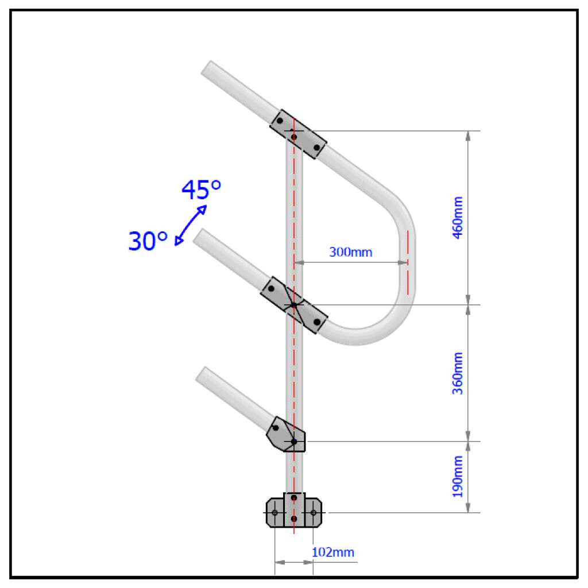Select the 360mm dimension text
click(x=458, y=373)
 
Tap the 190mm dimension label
click(x=458, y=477)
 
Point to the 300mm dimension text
click(x=350, y=252)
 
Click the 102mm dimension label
click(x=333, y=552)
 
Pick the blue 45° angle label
click(x=201, y=189)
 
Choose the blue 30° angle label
click(x=148, y=242)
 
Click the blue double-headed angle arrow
click(x=191, y=225)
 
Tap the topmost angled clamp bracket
click(x=298, y=134)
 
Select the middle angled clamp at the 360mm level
click(x=293, y=305)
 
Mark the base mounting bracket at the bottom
click(x=294, y=510)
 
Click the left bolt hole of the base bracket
click(x=275, y=512)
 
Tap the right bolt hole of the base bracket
click(x=313, y=512)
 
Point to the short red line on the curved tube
click(x=408, y=262)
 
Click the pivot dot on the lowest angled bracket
click(x=294, y=442)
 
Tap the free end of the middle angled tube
click(x=200, y=236)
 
